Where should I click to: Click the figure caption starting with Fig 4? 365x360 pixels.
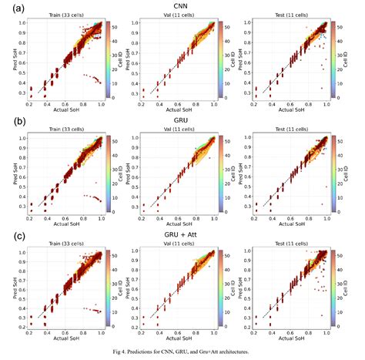pyautogui.click(x=183, y=352)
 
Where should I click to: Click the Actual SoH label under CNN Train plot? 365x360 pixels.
pyautogui.click(x=66, y=110)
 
